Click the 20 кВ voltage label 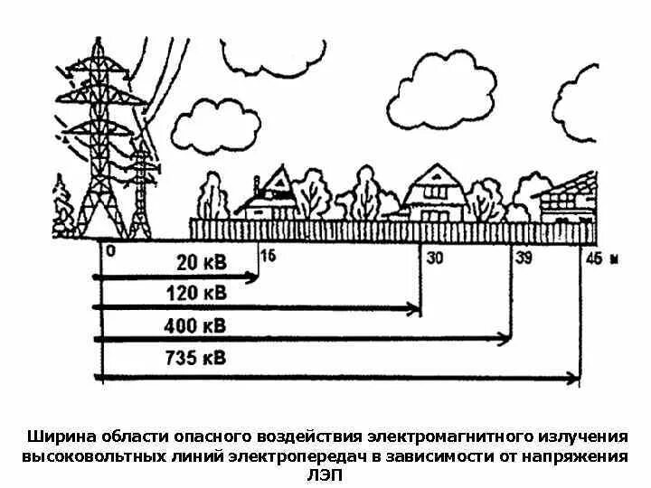202,263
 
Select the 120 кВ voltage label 196,295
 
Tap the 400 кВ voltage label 195,326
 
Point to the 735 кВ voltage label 195,358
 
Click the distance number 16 267,256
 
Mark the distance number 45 593,258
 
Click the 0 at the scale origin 110,252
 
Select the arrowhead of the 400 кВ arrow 505,340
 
